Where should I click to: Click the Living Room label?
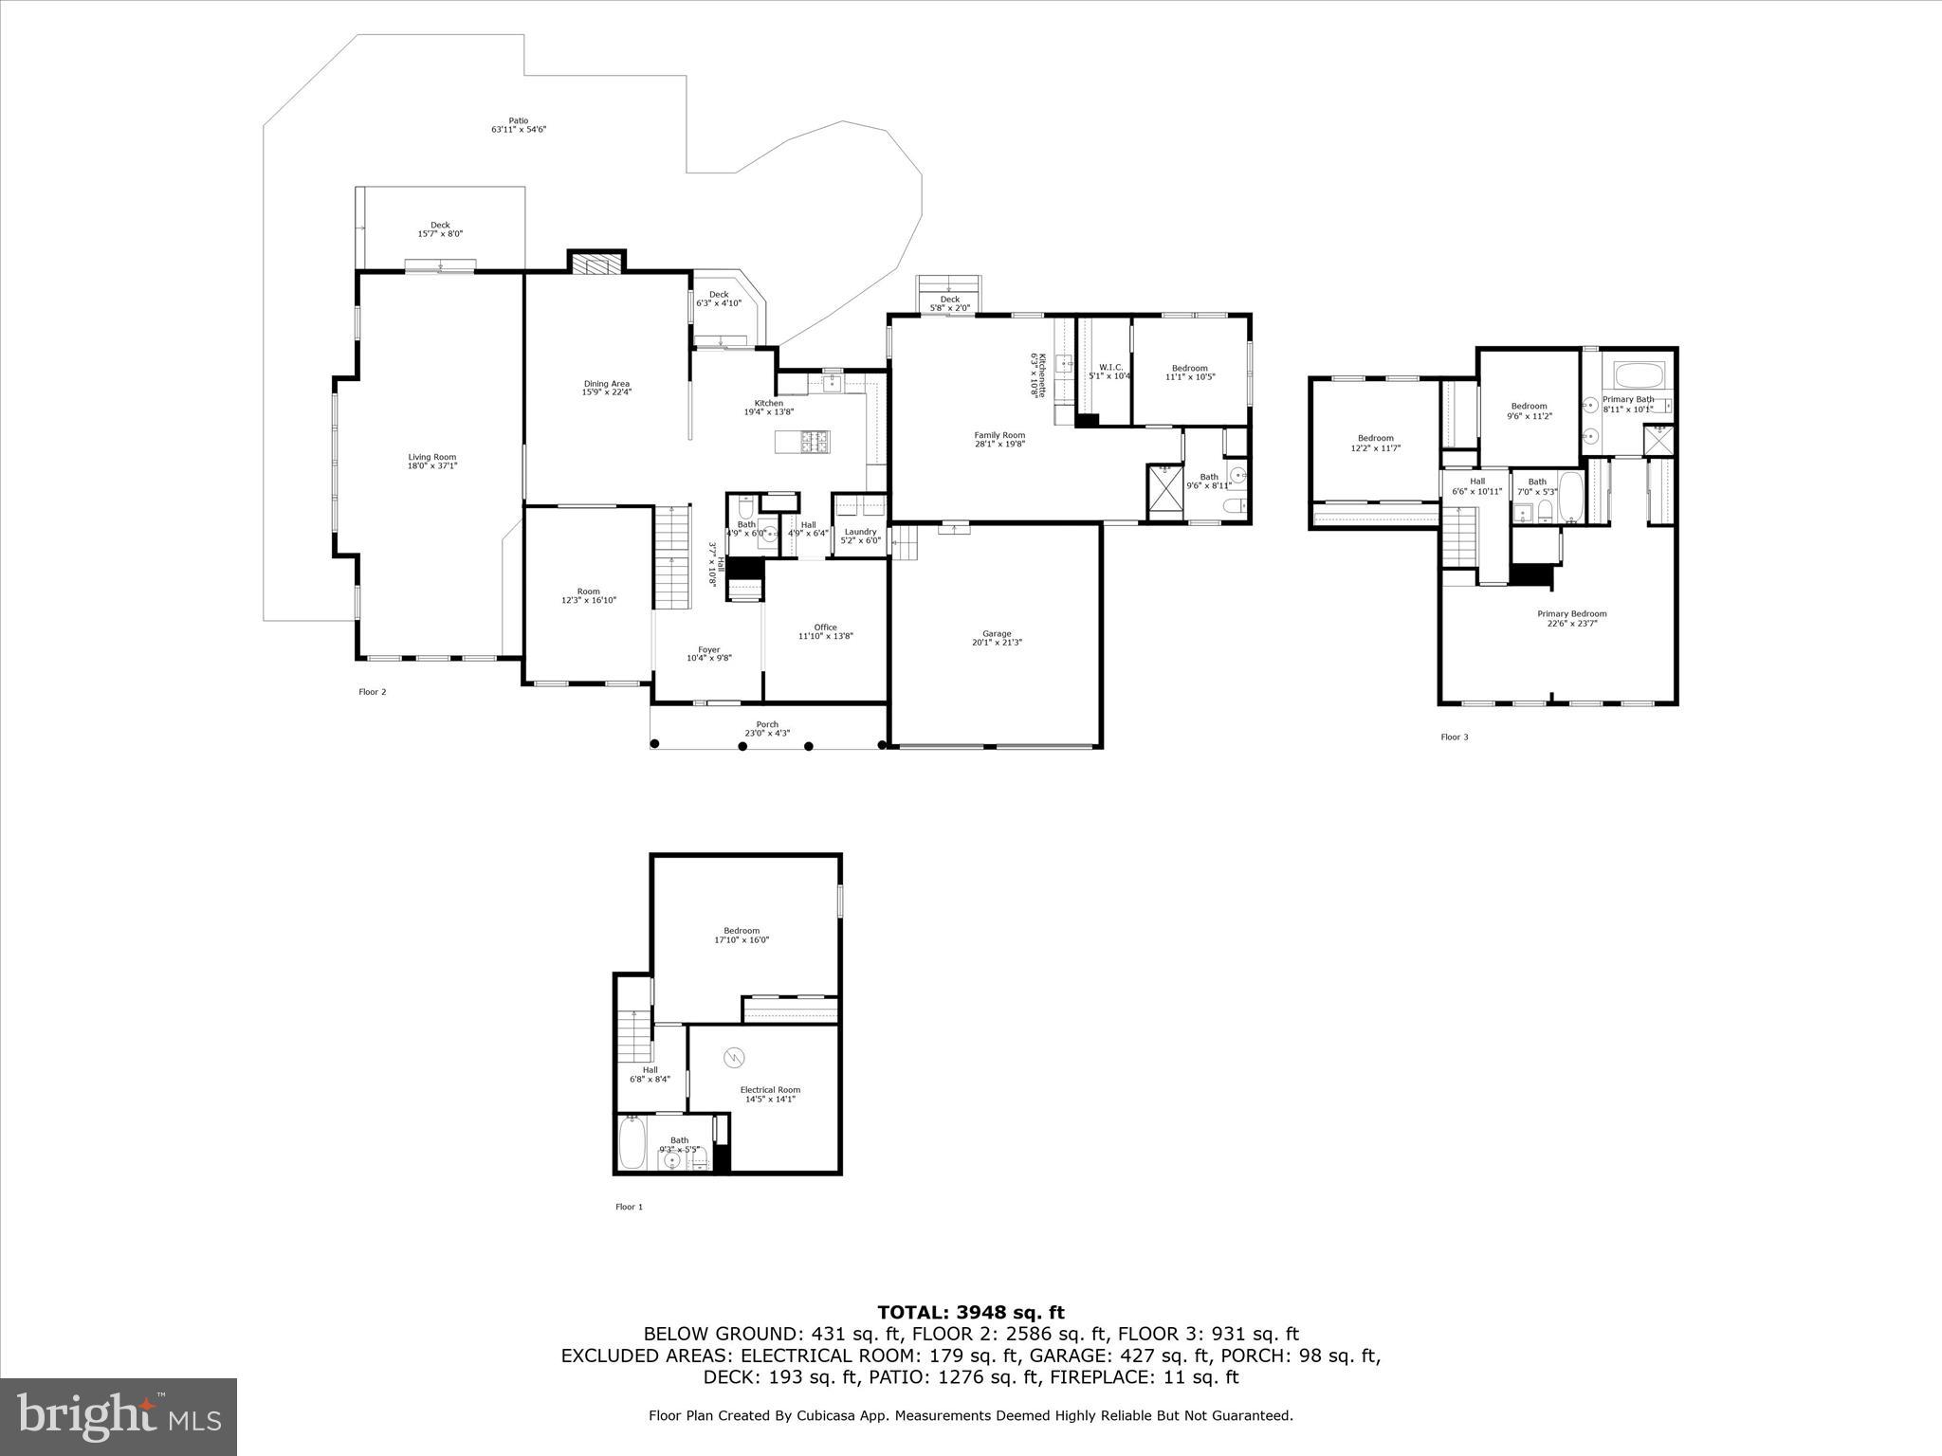click(432, 458)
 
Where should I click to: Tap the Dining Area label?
click(607, 384)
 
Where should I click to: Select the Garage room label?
click(997, 634)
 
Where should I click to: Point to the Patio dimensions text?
click(519, 130)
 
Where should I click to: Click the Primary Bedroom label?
click(1571, 614)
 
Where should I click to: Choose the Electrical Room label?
click(770, 1090)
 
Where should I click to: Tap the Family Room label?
click(999, 435)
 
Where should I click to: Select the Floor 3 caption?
click(1454, 737)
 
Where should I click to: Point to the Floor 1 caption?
click(629, 1207)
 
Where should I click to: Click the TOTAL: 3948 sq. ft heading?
click(970, 1313)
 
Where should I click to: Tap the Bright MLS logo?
click(119, 1416)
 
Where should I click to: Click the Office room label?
click(825, 628)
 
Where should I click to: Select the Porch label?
click(767, 725)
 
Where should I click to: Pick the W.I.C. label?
click(1109, 368)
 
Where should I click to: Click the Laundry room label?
click(861, 532)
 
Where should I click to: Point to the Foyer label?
click(708, 650)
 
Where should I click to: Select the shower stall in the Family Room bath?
click(1165, 492)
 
